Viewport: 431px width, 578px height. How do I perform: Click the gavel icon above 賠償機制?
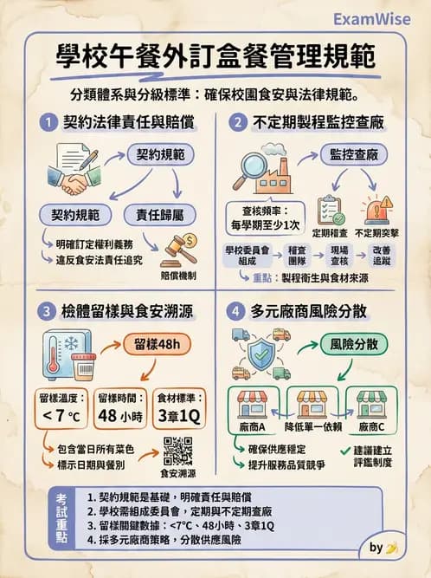[180, 249]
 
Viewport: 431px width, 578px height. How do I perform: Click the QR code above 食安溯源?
[177, 451]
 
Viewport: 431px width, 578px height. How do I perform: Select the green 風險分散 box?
[354, 344]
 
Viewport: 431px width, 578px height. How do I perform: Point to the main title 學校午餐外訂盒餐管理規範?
[215, 59]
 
